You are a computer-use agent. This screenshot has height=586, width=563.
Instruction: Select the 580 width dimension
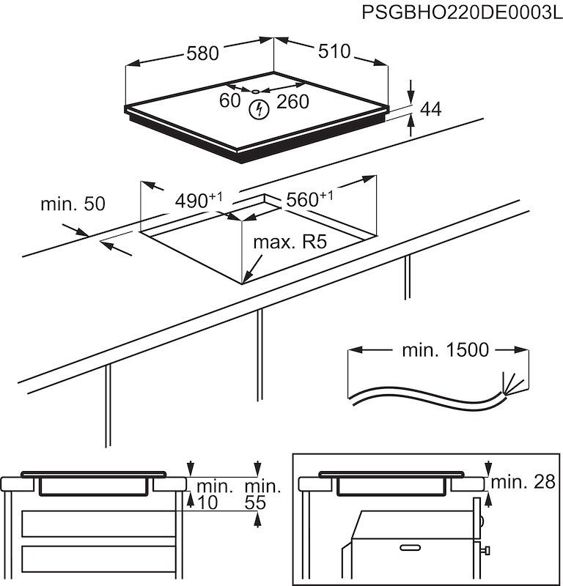click(x=202, y=53)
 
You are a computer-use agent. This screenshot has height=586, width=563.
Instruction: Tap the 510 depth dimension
click(x=334, y=52)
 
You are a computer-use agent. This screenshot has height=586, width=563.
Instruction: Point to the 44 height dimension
click(x=432, y=109)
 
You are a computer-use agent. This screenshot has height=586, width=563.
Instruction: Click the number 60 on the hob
click(x=229, y=101)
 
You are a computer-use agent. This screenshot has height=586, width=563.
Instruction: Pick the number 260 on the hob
click(x=292, y=102)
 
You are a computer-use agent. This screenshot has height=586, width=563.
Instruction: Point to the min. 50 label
click(x=73, y=204)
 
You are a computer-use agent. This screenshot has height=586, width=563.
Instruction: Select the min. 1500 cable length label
click(x=444, y=350)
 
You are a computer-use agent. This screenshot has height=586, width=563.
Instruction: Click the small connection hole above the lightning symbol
click(x=255, y=92)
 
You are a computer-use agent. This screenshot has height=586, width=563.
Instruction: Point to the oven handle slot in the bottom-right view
click(x=410, y=547)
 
